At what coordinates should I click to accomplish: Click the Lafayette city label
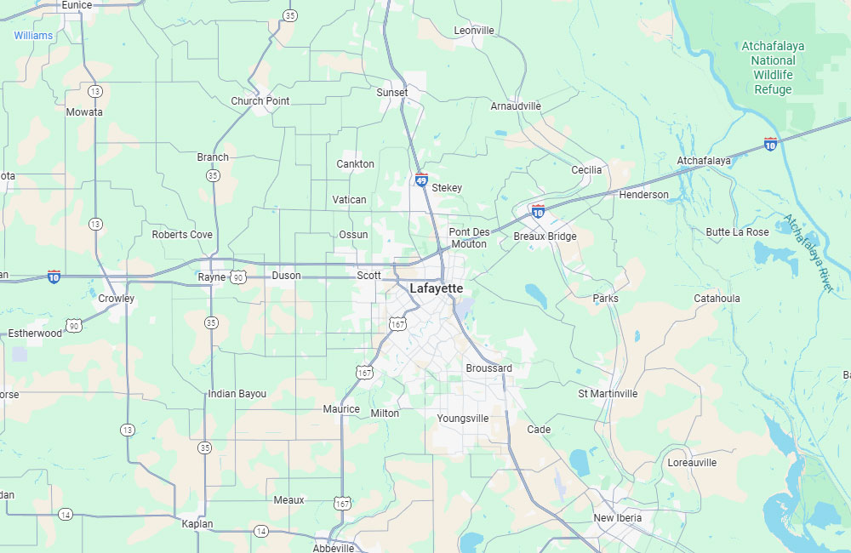[x=437, y=288]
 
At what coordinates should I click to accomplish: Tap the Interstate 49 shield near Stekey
[x=421, y=179]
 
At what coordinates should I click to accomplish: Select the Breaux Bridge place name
[x=545, y=237]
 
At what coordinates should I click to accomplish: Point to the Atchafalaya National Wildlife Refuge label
[x=774, y=67]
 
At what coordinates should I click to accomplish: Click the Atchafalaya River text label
[x=808, y=254]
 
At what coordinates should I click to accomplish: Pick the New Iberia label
[x=618, y=518]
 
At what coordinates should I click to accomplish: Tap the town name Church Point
[x=260, y=101]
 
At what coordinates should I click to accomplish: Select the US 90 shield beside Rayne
[x=237, y=276]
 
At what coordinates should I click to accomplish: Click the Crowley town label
[x=116, y=299]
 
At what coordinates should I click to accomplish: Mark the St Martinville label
[x=608, y=394]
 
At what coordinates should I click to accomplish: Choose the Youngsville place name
[x=463, y=419]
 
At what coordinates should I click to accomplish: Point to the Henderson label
[x=643, y=195]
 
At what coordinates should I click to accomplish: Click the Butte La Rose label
[x=737, y=232]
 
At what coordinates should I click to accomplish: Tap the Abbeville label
[x=334, y=548]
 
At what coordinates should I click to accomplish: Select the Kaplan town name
[x=197, y=524]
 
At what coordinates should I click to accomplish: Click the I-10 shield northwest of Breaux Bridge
[x=538, y=210]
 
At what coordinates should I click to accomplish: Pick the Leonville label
[x=474, y=31]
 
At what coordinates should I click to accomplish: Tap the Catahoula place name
[x=717, y=299]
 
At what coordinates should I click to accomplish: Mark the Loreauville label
[x=692, y=463]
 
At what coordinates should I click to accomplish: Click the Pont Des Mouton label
[x=469, y=238]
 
